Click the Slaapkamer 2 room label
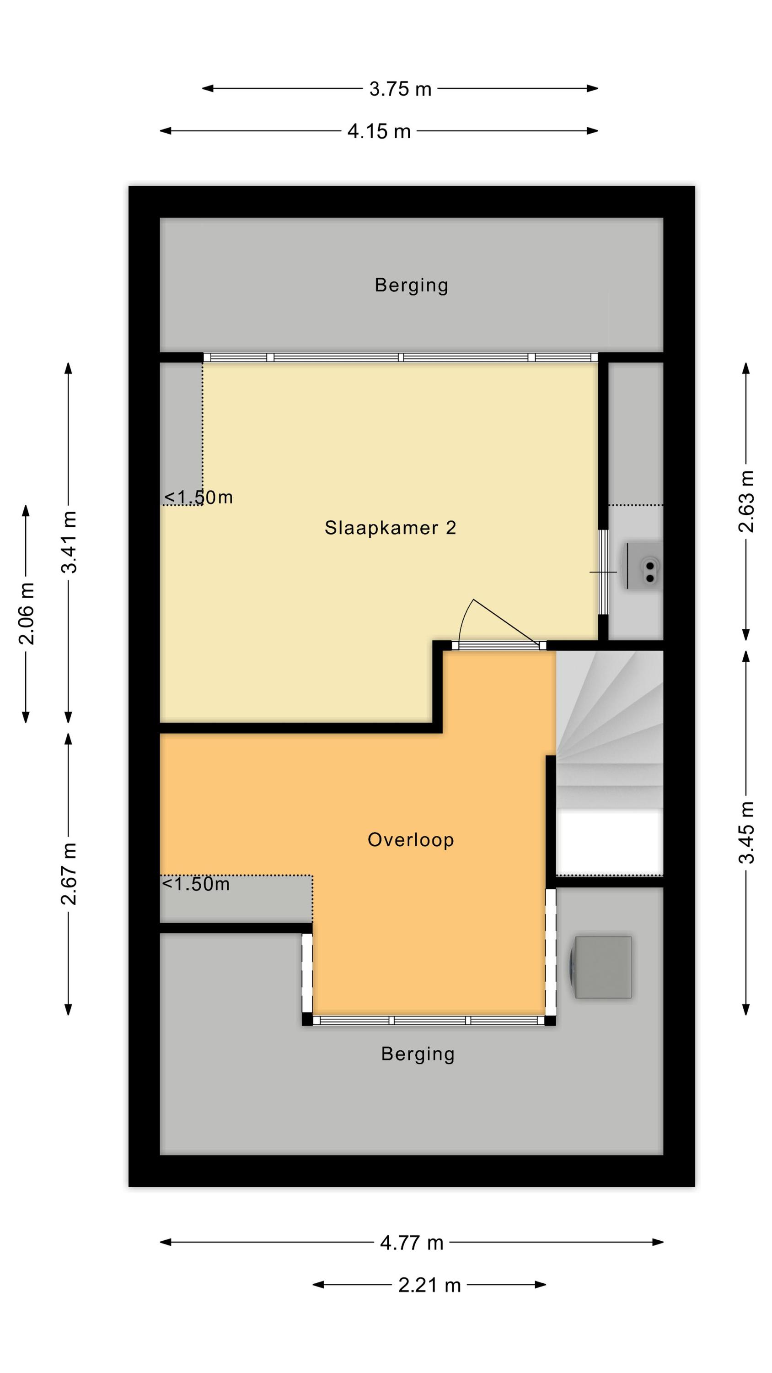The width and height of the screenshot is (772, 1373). coord(390,528)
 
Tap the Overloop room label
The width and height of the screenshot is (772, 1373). coord(410,839)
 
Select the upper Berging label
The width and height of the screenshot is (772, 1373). coord(411,285)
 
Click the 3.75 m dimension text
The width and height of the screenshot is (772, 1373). coord(400,89)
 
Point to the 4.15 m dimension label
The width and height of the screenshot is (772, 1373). coord(379,131)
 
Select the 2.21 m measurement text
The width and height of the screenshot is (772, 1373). coord(429,1285)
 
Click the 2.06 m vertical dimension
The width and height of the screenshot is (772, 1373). coord(26,613)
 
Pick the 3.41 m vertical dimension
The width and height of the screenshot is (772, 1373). coord(69,542)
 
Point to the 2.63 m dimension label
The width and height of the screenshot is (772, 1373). coord(746,502)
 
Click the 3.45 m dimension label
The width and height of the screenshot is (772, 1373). coord(746,832)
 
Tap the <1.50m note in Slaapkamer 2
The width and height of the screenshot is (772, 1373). coord(198,497)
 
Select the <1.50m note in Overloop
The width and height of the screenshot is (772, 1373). coord(196,884)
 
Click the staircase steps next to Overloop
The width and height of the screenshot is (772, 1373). coord(610,729)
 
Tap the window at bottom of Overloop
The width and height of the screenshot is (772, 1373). coord(429,1021)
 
